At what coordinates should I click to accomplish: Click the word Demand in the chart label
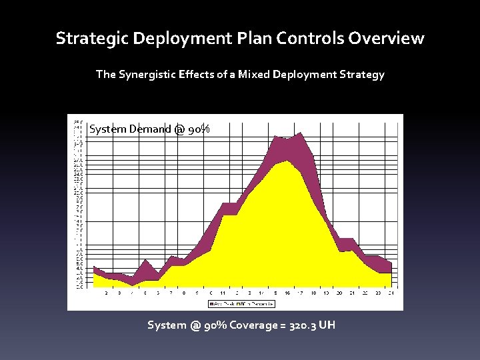coord(149,129)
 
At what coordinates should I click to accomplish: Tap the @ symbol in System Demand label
coord(179,129)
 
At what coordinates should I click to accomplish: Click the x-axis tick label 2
coord(107,293)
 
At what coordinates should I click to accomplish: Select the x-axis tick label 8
coord(184,293)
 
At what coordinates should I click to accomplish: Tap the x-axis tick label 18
coord(313,293)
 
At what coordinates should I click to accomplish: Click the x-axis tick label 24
coord(391,293)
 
